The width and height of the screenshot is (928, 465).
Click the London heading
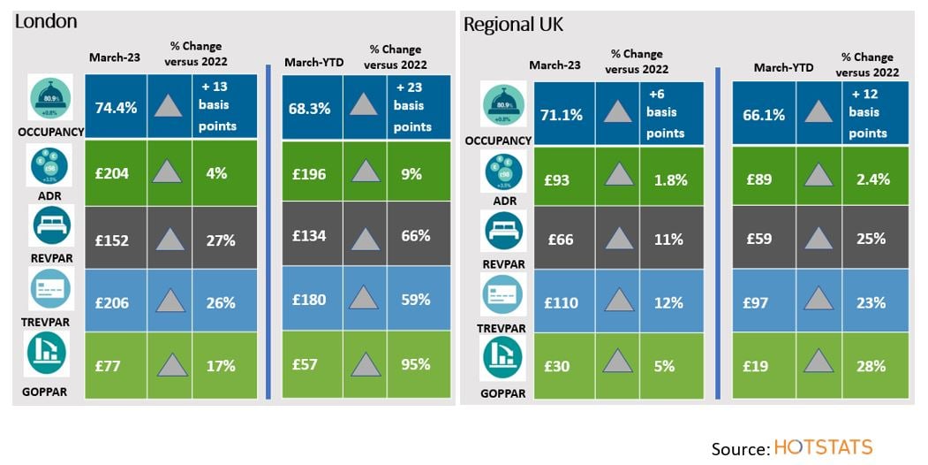point(46,21)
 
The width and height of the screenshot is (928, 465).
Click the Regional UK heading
point(514,25)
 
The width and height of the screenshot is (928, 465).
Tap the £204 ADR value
point(112,173)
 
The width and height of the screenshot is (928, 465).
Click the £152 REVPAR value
point(112,238)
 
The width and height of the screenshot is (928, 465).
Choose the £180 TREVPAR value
point(309,300)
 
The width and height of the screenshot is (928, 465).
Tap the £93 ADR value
point(556,179)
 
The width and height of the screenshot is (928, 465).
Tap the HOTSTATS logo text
point(823,447)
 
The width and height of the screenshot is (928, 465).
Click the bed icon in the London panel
point(50,226)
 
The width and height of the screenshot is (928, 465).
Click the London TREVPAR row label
point(45,322)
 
